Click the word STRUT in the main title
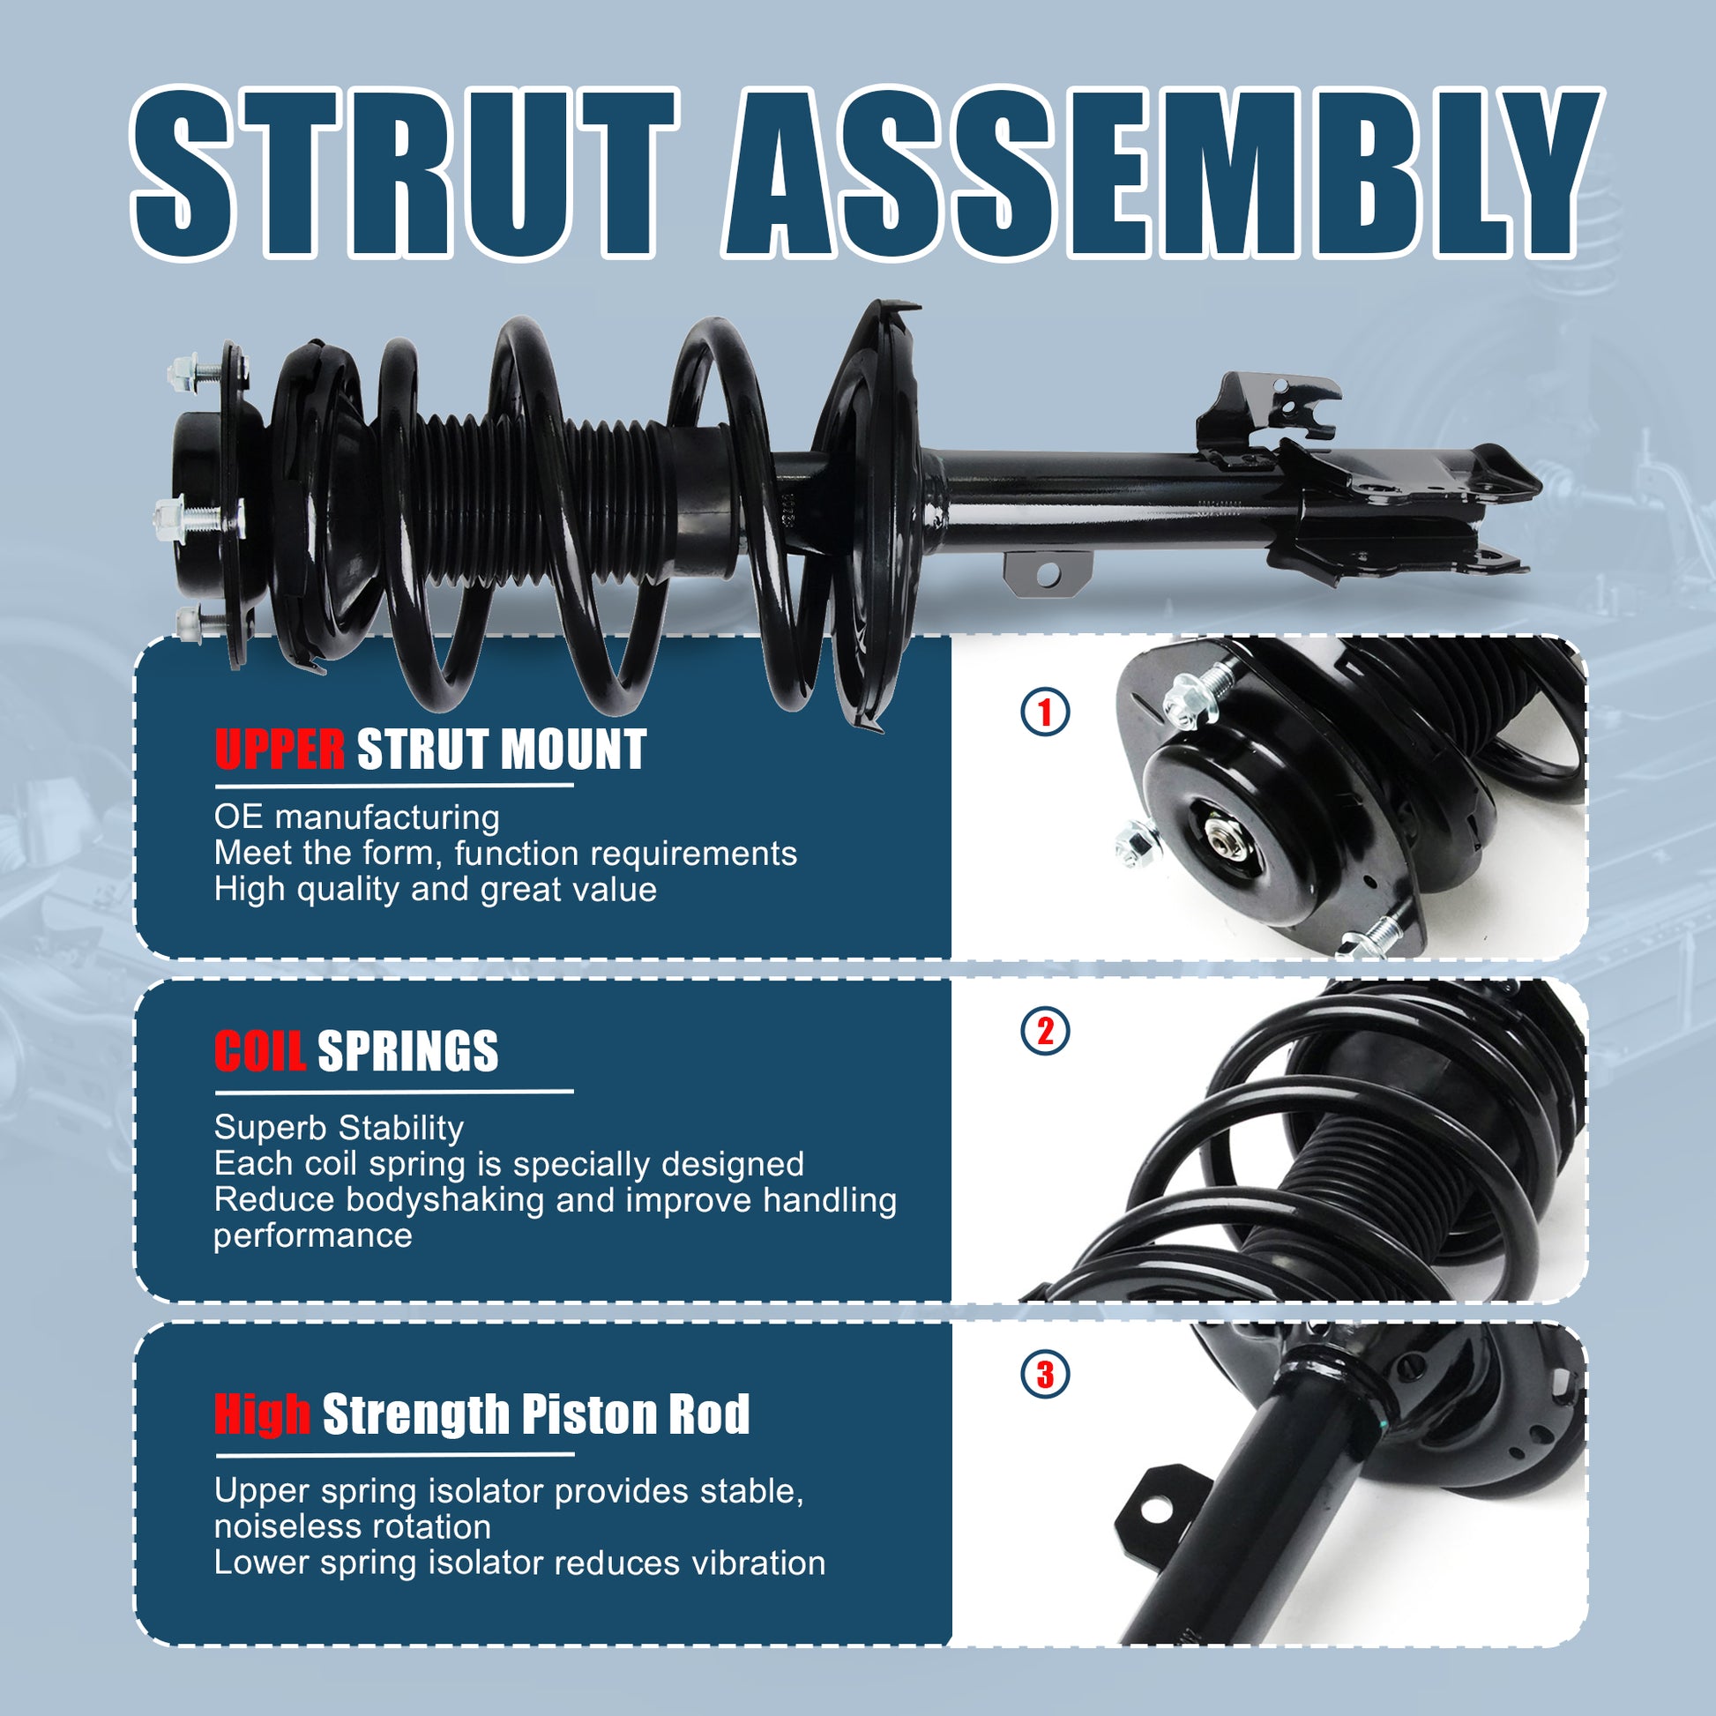pyautogui.click(x=404, y=173)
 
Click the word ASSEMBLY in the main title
pyautogui.click(x=1164, y=173)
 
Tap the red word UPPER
pyautogui.click(x=279, y=749)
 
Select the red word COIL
pyautogui.click(x=259, y=1051)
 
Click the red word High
pyautogui.click(x=262, y=1414)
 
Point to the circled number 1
pyautogui.click(x=1045, y=713)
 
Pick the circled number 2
pyautogui.click(x=1045, y=1031)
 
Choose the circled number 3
pyautogui.click(x=1045, y=1374)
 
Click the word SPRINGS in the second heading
pyautogui.click(x=407, y=1051)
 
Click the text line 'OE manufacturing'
pyautogui.click(x=357, y=817)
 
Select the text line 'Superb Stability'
pyautogui.click(x=339, y=1128)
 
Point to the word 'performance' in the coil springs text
pyautogui.click(x=313, y=1236)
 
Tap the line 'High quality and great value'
pyautogui.click(x=436, y=889)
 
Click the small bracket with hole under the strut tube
pyautogui.click(x=1048, y=573)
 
